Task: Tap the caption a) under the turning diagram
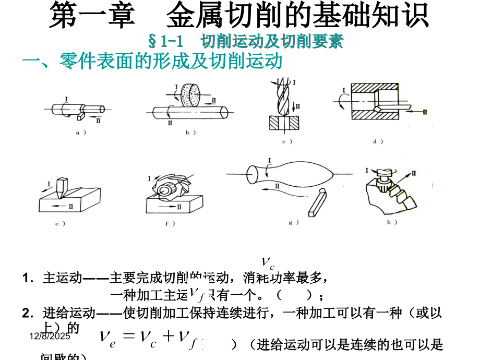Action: (81, 133)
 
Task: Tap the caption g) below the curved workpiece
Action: (293, 222)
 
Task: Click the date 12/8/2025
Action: (48, 338)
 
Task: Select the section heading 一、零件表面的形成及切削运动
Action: (152, 61)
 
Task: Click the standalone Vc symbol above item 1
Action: (267, 261)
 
